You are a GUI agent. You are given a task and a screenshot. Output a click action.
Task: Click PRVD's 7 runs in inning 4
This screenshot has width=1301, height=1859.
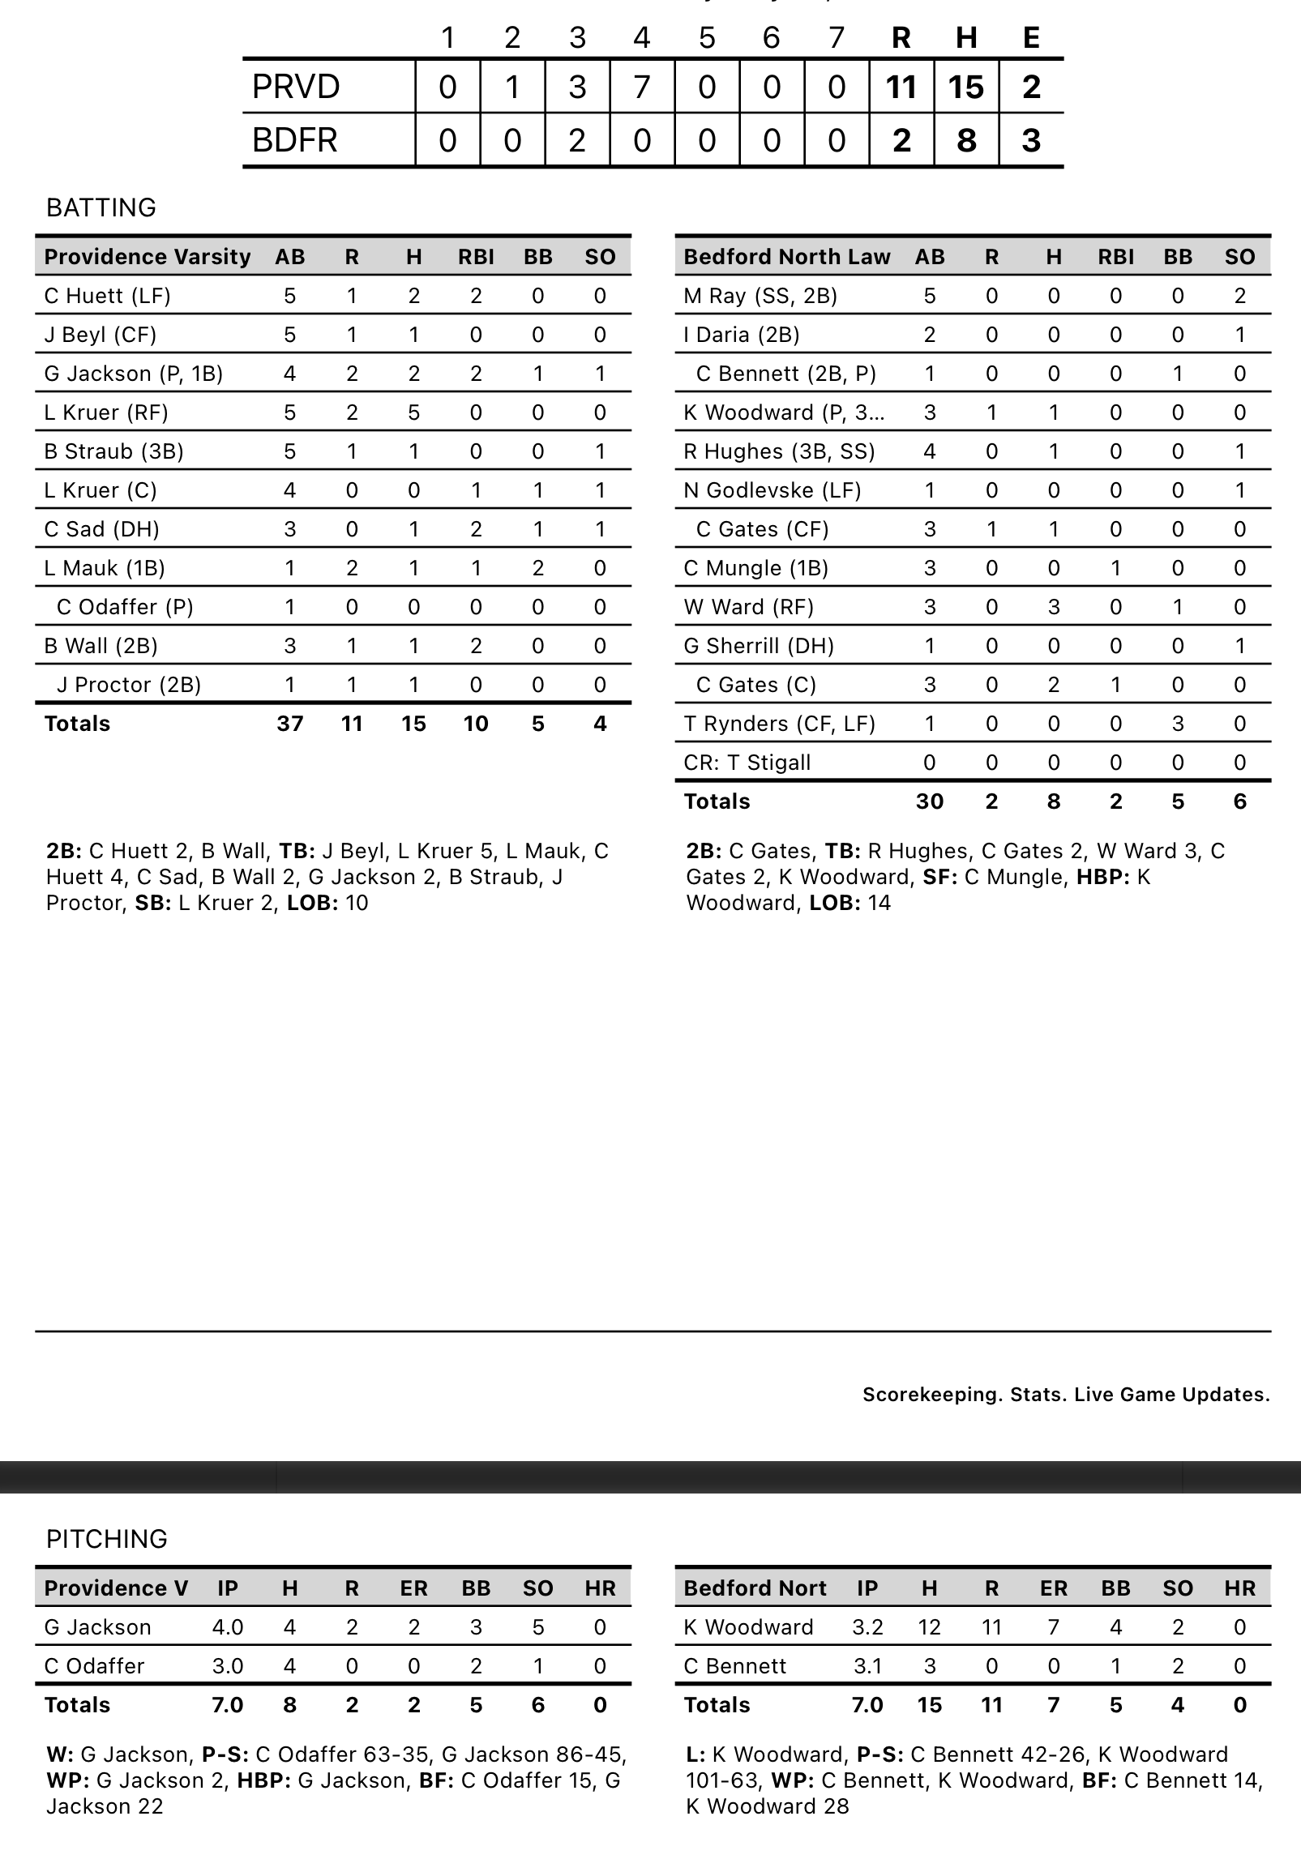point(642,87)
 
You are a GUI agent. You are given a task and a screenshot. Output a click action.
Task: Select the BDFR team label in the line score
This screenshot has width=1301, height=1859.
point(295,140)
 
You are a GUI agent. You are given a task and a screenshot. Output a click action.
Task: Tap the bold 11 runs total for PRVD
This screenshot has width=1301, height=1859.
point(901,87)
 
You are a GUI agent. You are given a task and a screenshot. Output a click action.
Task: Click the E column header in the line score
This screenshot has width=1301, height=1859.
point(1031,37)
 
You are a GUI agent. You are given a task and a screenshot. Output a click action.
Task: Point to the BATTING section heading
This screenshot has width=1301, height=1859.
point(101,207)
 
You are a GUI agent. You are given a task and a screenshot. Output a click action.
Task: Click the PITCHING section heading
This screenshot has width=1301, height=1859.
point(107,1539)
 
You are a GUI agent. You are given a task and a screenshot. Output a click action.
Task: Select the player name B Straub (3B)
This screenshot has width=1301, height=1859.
point(113,451)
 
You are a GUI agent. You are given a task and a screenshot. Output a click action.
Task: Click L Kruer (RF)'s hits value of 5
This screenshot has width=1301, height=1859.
point(413,412)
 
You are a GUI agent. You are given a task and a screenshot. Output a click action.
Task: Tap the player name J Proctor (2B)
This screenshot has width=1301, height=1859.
point(128,685)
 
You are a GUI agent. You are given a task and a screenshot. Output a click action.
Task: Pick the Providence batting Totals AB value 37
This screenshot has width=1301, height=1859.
point(290,724)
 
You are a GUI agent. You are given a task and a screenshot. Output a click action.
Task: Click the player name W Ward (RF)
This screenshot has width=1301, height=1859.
point(748,607)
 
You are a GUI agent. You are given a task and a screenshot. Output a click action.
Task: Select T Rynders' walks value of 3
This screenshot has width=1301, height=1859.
point(1178,724)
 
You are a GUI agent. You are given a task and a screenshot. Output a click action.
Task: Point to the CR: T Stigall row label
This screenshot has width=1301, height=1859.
point(747,763)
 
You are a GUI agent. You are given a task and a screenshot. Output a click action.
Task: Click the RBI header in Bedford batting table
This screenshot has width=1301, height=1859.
point(1115,257)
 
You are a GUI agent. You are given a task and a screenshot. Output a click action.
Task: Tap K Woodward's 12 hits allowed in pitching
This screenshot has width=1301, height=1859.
point(930,1627)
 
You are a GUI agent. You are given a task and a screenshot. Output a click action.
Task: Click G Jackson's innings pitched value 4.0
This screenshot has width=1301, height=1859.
point(228,1627)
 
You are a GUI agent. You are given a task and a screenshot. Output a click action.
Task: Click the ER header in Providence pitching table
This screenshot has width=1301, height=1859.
point(413,1588)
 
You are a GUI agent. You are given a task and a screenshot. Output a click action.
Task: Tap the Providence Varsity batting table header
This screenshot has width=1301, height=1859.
point(148,257)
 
